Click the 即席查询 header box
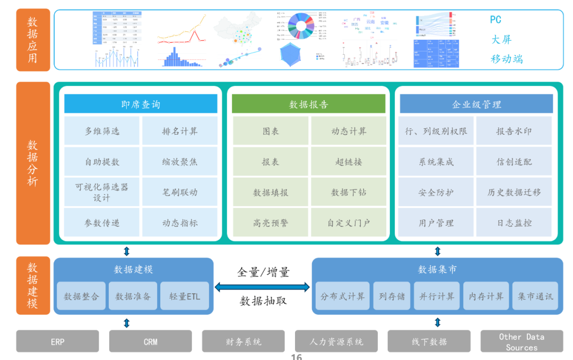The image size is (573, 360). [x=141, y=104]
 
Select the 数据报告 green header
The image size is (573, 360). [x=308, y=104]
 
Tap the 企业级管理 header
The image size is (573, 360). [x=476, y=104]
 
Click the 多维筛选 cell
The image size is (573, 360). [x=102, y=131]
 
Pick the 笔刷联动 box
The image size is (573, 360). [x=180, y=192]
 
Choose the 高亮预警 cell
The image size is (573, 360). [x=270, y=223]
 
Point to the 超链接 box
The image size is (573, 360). [x=349, y=162]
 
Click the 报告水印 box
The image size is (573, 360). [x=514, y=131]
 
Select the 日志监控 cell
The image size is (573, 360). [x=514, y=223]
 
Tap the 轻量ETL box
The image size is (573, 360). [x=185, y=296]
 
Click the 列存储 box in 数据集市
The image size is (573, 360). [x=392, y=296]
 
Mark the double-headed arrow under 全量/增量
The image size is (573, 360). [x=262, y=287]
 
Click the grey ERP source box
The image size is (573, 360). [x=57, y=341]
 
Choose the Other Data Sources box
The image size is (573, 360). [x=521, y=341]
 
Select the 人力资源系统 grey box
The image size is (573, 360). [x=336, y=341]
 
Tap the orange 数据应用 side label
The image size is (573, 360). [x=33, y=40]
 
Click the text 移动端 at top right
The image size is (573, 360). [x=506, y=59]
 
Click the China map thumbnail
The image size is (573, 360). [x=239, y=29]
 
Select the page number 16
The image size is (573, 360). [x=296, y=357]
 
